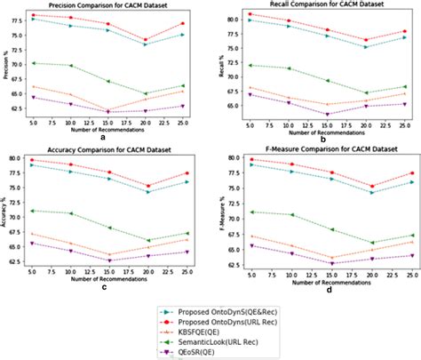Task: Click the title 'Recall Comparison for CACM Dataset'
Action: click(x=325, y=5)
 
